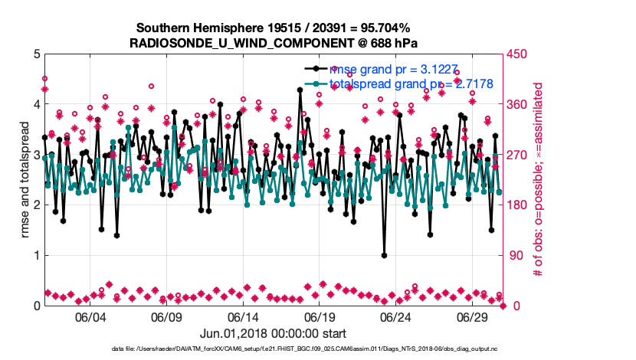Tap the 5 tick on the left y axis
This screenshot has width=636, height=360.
tap(36, 54)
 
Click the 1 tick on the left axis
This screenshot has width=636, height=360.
tap(36, 256)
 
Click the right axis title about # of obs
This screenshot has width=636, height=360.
tap(538, 180)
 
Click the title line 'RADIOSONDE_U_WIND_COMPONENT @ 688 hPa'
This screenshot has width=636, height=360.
tap(274, 42)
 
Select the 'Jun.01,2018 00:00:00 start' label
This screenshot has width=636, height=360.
tap(273, 333)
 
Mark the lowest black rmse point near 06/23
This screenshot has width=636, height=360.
tap(384, 255)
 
